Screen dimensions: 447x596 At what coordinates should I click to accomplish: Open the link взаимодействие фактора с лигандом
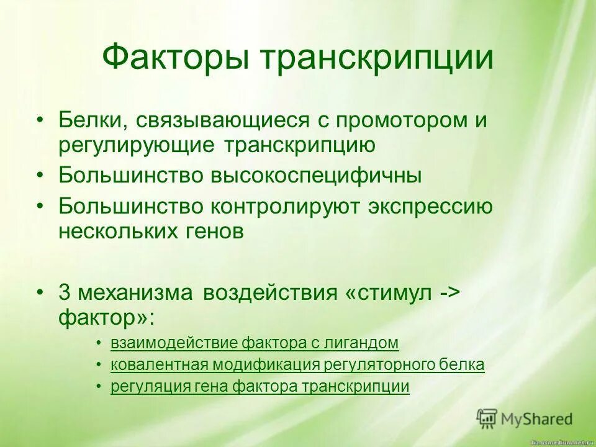(254, 343)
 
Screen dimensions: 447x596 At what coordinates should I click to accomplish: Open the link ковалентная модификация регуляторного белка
(297, 365)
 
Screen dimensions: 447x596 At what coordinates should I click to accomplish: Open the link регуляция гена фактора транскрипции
(260, 387)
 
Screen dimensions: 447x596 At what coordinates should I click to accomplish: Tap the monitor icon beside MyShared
(487, 419)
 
